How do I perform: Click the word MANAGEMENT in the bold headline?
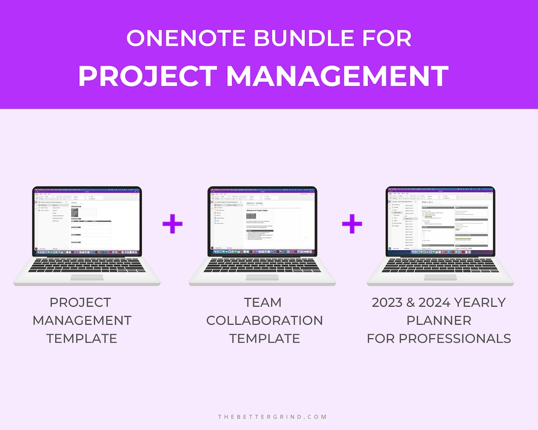[x=338, y=76]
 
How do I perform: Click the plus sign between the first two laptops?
[x=172, y=225]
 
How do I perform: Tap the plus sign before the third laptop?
[x=352, y=225]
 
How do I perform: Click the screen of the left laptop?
[x=87, y=219]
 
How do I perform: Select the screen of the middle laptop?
[x=262, y=219]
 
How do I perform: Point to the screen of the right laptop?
[x=440, y=219]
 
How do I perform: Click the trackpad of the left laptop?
[x=89, y=278]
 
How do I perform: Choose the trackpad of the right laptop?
[x=440, y=278]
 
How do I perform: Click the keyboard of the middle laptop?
[x=263, y=265]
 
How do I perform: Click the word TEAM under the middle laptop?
[x=263, y=303]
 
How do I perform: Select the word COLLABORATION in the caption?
[x=265, y=321]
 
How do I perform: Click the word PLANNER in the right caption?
[x=439, y=321]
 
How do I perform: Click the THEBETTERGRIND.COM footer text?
[x=272, y=417]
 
